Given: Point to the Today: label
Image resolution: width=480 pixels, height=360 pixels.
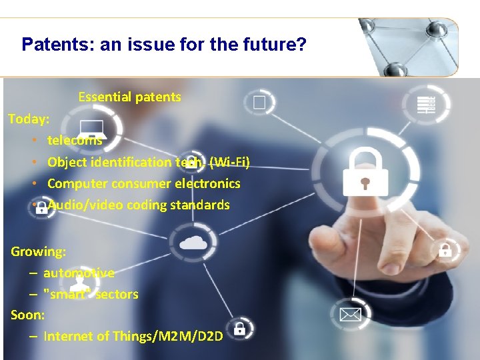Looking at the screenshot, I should [x=29, y=119].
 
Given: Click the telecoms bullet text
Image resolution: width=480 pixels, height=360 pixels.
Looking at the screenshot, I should [x=75, y=140].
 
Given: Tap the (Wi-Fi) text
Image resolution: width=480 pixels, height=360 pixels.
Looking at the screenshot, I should [x=229, y=162].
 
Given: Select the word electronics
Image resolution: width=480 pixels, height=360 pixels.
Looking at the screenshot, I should [x=207, y=183].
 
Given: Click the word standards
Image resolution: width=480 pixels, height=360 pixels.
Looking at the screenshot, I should [x=199, y=205].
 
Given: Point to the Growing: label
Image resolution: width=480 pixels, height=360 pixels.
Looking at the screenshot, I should [x=38, y=252].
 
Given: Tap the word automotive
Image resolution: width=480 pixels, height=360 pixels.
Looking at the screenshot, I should [x=79, y=273].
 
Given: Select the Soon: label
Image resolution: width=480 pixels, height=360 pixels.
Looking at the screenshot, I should [x=28, y=315].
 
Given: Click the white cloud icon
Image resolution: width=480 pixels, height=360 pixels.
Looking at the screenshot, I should [x=193, y=241].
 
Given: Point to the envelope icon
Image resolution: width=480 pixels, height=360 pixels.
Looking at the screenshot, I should [x=349, y=313].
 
